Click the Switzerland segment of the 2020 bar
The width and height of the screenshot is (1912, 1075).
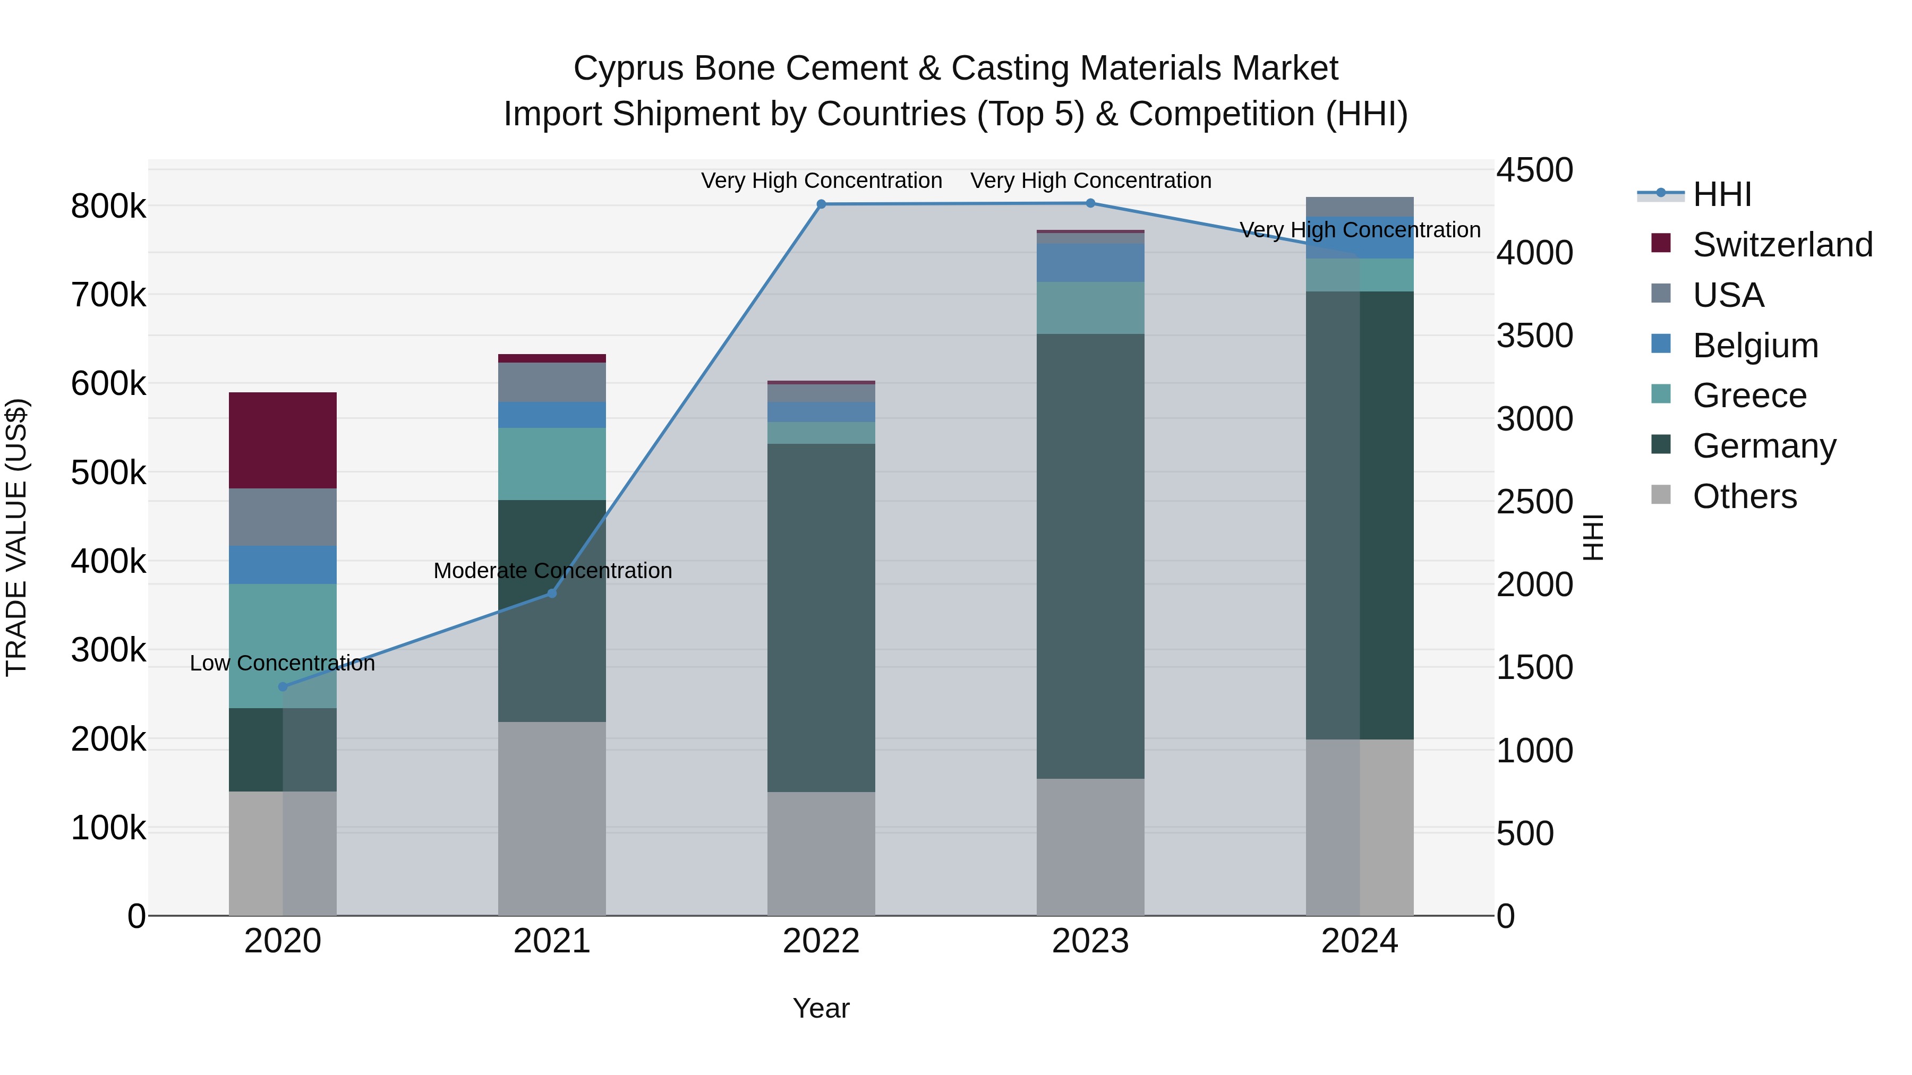[282, 440]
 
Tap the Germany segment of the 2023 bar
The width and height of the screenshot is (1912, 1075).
[1090, 556]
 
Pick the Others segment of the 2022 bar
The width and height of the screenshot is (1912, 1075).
[821, 853]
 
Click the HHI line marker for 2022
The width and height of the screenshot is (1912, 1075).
[821, 204]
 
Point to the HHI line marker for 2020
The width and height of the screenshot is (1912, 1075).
[282, 687]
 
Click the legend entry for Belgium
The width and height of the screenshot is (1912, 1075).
[1755, 346]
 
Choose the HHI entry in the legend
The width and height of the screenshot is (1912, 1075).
[1722, 194]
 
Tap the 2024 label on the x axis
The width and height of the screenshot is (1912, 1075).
[1359, 941]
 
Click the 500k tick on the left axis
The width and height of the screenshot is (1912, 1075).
[108, 472]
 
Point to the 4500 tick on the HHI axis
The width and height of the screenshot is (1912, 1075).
[1533, 170]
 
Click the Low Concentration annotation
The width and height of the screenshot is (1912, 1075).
[282, 663]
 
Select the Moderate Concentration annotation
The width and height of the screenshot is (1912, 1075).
[552, 571]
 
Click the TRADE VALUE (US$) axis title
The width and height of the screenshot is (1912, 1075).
[16, 537]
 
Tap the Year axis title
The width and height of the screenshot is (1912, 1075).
[821, 1008]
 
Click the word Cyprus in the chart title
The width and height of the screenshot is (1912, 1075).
[627, 68]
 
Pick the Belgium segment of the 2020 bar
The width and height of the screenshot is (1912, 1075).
[282, 565]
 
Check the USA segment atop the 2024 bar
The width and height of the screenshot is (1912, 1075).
[1359, 207]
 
